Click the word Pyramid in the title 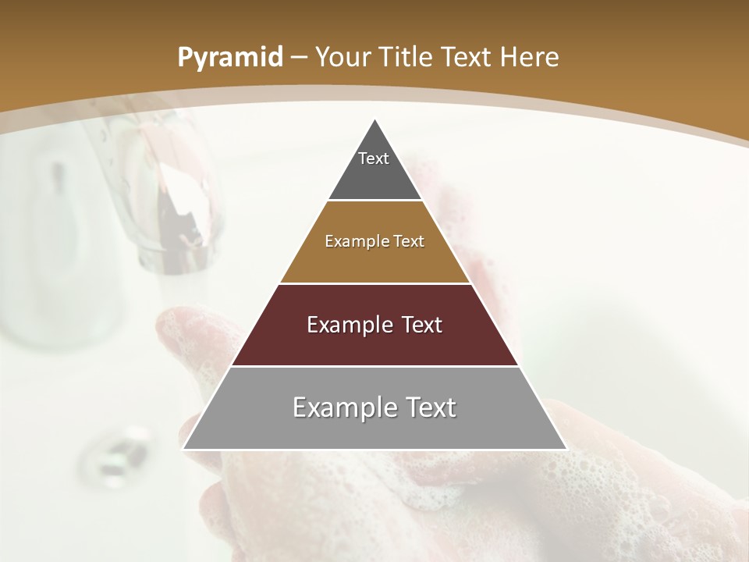coord(229,58)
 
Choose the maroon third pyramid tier coord(374,343)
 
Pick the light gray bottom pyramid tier coord(374,429)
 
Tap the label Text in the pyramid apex coord(374,158)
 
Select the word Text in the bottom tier coord(425,407)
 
